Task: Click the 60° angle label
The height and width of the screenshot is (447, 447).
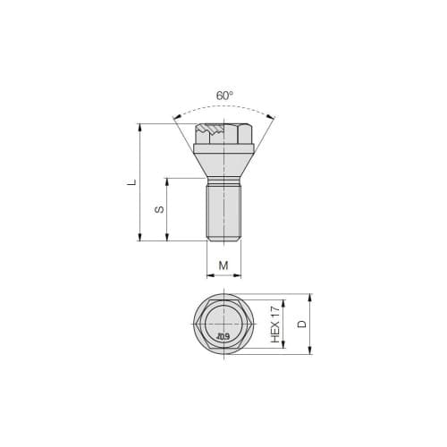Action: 223,96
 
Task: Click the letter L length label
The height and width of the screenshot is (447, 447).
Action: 131,182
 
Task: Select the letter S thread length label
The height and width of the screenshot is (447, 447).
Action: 159,209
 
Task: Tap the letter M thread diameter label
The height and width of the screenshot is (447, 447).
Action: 223,266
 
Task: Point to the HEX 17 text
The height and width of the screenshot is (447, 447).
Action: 275,323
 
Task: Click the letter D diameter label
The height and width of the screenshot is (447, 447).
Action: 302,323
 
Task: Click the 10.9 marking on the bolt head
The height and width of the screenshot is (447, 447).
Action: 223,337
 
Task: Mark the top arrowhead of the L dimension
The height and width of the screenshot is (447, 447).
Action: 140,127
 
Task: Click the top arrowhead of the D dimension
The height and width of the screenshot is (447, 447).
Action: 310,297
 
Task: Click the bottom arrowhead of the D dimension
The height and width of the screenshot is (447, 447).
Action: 310,350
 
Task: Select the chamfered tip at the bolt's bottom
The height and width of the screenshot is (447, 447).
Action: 223,239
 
